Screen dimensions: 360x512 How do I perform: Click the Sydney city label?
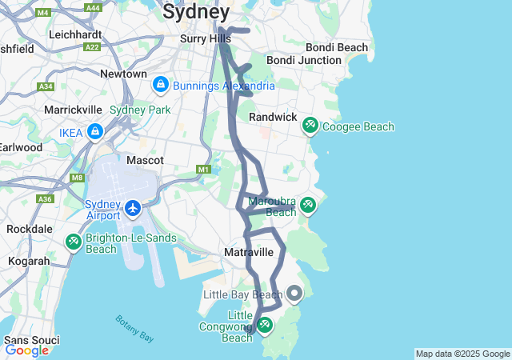tap(196, 12)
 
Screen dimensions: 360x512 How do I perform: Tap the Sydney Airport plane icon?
tap(133, 209)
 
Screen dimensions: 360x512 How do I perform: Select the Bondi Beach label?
tap(341, 47)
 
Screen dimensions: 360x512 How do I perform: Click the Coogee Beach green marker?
tap(310, 126)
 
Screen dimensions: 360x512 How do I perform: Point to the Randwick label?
tap(273, 117)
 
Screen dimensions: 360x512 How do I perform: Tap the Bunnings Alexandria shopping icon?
tap(160, 85)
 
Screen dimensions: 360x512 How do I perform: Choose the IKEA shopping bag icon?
tap(95, 131)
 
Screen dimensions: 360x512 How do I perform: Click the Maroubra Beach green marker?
tap(307, 206)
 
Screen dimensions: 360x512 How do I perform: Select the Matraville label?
tap(249, 252)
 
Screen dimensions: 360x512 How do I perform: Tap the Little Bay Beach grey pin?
tap(294, 294)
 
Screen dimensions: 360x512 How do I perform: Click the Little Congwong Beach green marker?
tap(265, 326)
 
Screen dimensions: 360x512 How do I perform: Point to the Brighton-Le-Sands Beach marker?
tap(73, 241)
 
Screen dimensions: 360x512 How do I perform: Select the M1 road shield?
tap(203, 170)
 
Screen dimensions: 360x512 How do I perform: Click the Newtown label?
tap(123, 74)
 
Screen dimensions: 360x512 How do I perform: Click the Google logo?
tap(26, 350)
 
